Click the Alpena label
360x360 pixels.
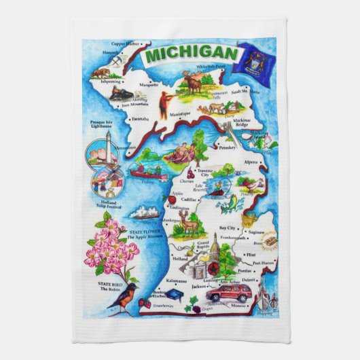click(251, 163)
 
